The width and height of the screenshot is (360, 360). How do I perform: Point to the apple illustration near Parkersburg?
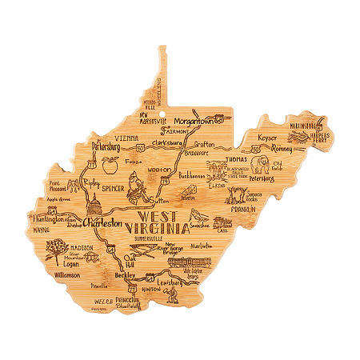point(110,166)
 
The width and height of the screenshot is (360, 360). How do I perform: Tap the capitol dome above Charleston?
point(94,203)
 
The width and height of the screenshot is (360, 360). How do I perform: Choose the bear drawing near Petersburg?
point(262,166)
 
